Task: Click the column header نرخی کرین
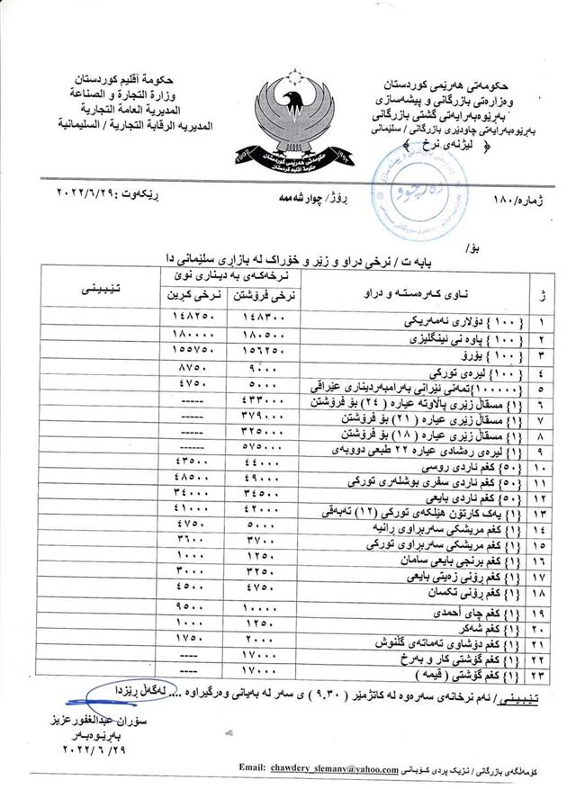[192, 296]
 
